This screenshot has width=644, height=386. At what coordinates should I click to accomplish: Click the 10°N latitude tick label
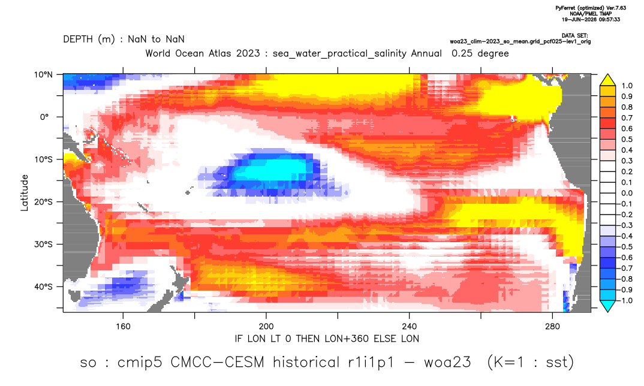click(43, 75)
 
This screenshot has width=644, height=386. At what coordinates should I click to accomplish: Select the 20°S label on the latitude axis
click(43, 202)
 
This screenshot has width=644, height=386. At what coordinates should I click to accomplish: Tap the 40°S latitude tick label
click(43, 287)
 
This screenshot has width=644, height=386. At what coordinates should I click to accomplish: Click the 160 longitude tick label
click(123, 327)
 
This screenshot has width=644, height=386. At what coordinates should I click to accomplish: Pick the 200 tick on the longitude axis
click(266, 327)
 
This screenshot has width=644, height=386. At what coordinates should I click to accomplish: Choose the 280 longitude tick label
click(552, 327)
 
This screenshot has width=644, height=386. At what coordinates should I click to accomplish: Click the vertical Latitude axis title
click(25, 193)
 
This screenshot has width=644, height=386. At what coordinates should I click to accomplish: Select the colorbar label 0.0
click(627, 193)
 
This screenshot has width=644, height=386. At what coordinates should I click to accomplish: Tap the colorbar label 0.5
click(627, 140)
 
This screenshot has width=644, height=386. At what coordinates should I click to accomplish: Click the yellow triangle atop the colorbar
click(607, 80)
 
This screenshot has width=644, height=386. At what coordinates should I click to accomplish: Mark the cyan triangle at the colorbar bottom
click(607, 306)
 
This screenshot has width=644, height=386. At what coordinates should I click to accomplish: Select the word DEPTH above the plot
click(78, 40)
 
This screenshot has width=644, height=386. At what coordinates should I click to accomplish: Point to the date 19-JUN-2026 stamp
click(577, 19)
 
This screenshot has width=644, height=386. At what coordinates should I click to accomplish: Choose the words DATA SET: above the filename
click(574, 36)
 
